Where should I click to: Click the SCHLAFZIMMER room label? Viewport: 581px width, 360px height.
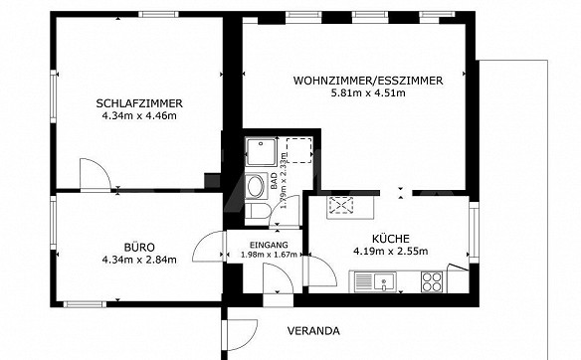(x=139, y=103)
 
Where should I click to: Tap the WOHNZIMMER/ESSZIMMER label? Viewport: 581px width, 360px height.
(x=368, y=81)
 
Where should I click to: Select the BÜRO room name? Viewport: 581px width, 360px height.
(x=139, y=247)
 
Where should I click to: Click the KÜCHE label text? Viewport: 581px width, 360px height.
(x=391, y=238)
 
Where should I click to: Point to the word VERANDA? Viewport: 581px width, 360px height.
(x=313, y=331)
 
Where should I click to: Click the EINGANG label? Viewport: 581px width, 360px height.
(x=269, y=245)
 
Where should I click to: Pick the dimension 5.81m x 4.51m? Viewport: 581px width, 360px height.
(x=368, y=92)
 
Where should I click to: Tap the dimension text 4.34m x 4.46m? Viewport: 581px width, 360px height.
(x=139, y=115)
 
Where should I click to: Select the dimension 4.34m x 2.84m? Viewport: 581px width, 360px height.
(x=139, y=260)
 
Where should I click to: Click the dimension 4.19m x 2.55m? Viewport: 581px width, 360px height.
(x=391, y=252)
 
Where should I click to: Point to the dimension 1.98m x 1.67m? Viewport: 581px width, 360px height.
(x=269, y=255)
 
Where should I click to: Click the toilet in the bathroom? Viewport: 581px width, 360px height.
(x=257, y=211)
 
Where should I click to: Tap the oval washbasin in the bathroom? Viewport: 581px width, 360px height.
(x=256, y=187)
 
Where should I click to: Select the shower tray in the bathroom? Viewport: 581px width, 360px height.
(x=261, y=152)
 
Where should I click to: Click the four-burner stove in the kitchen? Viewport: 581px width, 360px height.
(x=432, y=282)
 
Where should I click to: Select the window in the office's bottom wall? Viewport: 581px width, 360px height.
(x=85, y=304)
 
